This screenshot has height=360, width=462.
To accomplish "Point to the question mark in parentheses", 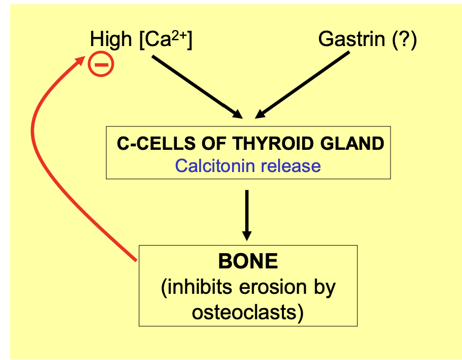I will tap(405, 39).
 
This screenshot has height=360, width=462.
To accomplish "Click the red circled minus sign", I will tap(101, 65).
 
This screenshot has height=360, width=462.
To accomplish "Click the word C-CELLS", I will tap(148, 144).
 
